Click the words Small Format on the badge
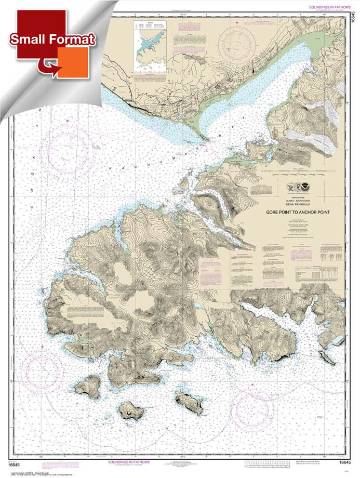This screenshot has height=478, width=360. [x=52, y=39]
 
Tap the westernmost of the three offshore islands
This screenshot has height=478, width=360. [x=87, y=386]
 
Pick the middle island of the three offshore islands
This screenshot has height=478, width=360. [x=131, y=410]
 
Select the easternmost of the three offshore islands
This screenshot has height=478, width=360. [x=189, y=401]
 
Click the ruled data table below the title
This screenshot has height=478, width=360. [x=318, y=273]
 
